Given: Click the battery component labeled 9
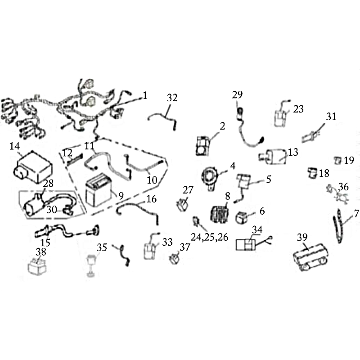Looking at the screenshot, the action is (99, 190).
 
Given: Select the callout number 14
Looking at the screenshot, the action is (15, 146).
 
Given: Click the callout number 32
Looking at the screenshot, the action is (172, 98).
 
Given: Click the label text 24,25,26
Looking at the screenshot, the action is (210, 237).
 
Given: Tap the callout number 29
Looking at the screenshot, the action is (238, 94).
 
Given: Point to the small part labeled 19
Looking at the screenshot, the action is (338, 160).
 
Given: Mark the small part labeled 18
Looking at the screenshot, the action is (312, 172).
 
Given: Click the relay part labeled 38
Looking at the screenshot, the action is (37, 267).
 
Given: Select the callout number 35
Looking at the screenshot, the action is (102, 247).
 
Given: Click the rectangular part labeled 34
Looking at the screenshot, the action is (245, 245).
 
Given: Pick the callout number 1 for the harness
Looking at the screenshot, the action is (144, 95).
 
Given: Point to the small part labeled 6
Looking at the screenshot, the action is (242, 218).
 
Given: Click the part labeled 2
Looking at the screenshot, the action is (203, 146).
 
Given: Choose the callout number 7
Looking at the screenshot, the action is (356, 214).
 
